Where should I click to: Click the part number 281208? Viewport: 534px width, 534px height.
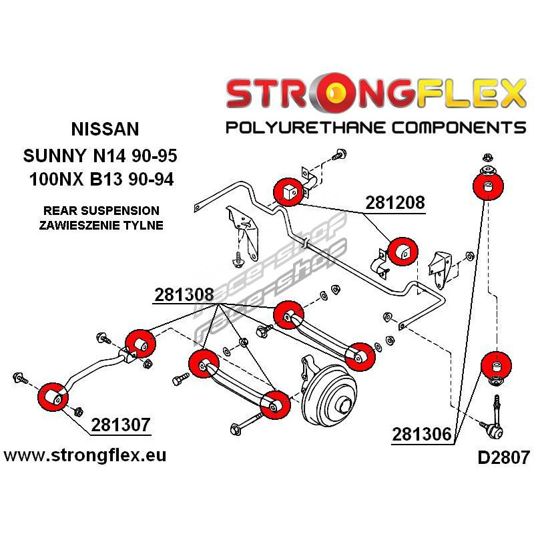click(394, 202)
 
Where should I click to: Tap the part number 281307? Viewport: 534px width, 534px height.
click(121, 425)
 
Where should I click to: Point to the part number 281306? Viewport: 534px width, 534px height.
click(421, 435)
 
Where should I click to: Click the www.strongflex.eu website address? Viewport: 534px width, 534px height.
click(85, 456)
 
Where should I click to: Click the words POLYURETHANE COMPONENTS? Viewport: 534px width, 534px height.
click(376, 127)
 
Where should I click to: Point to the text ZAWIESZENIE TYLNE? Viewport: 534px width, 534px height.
click(101, 225)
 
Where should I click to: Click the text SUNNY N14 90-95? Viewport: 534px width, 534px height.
click(99, 158)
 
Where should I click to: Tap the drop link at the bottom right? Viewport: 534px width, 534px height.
click(497, 421)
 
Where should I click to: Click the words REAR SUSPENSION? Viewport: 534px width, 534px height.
click(101, 210)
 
